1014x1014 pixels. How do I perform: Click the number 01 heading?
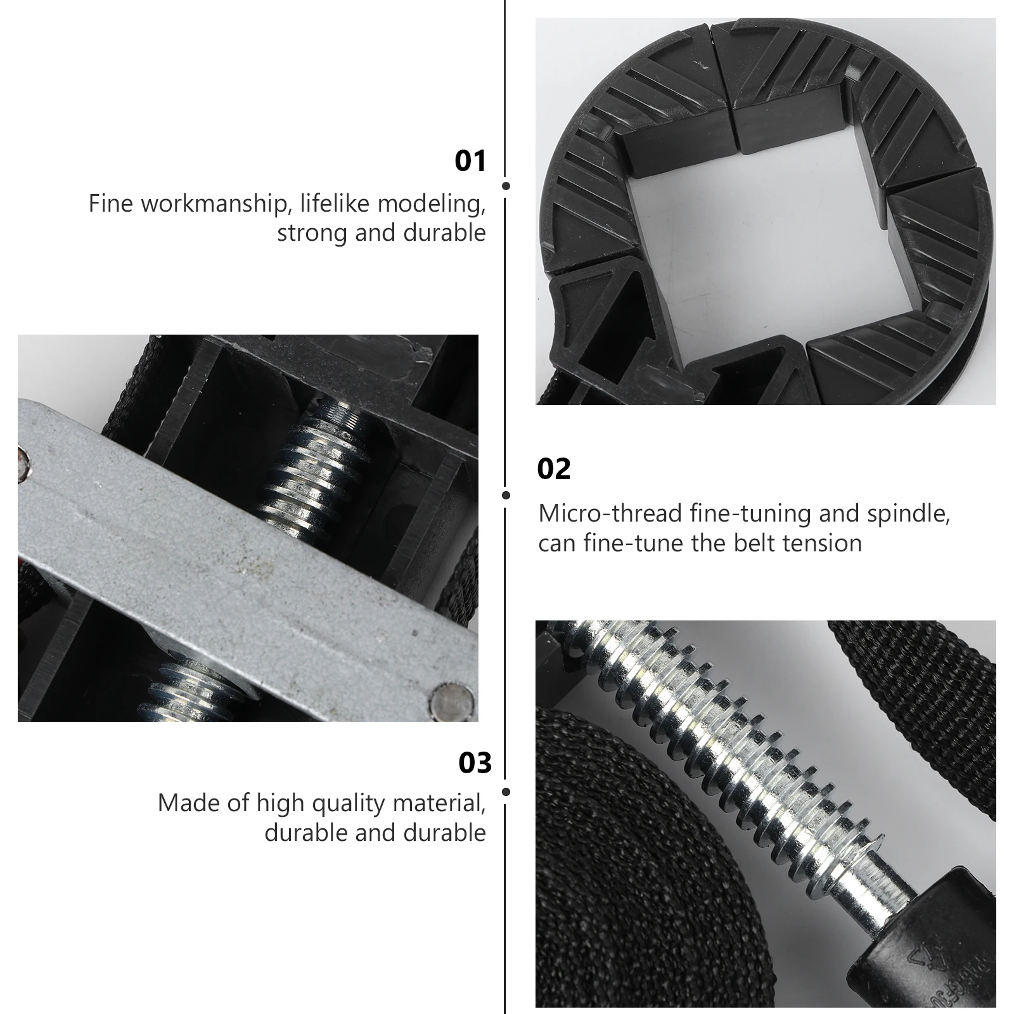point(470,161)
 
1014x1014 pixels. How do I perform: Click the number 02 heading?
point(554,469)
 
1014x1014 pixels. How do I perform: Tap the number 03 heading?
point(475,762)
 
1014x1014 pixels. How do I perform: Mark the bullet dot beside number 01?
point(506,186)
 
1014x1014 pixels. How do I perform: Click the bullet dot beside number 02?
point(506,495)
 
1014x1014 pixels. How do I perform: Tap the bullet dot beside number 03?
point(506,792)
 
